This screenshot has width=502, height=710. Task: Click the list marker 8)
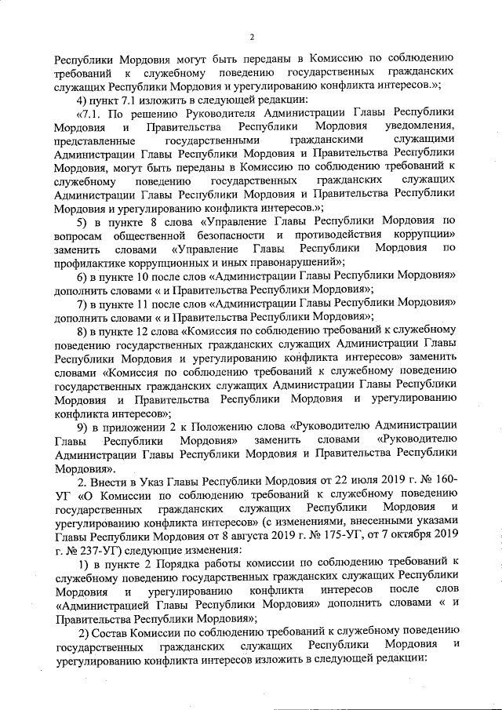tap(82, 331)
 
